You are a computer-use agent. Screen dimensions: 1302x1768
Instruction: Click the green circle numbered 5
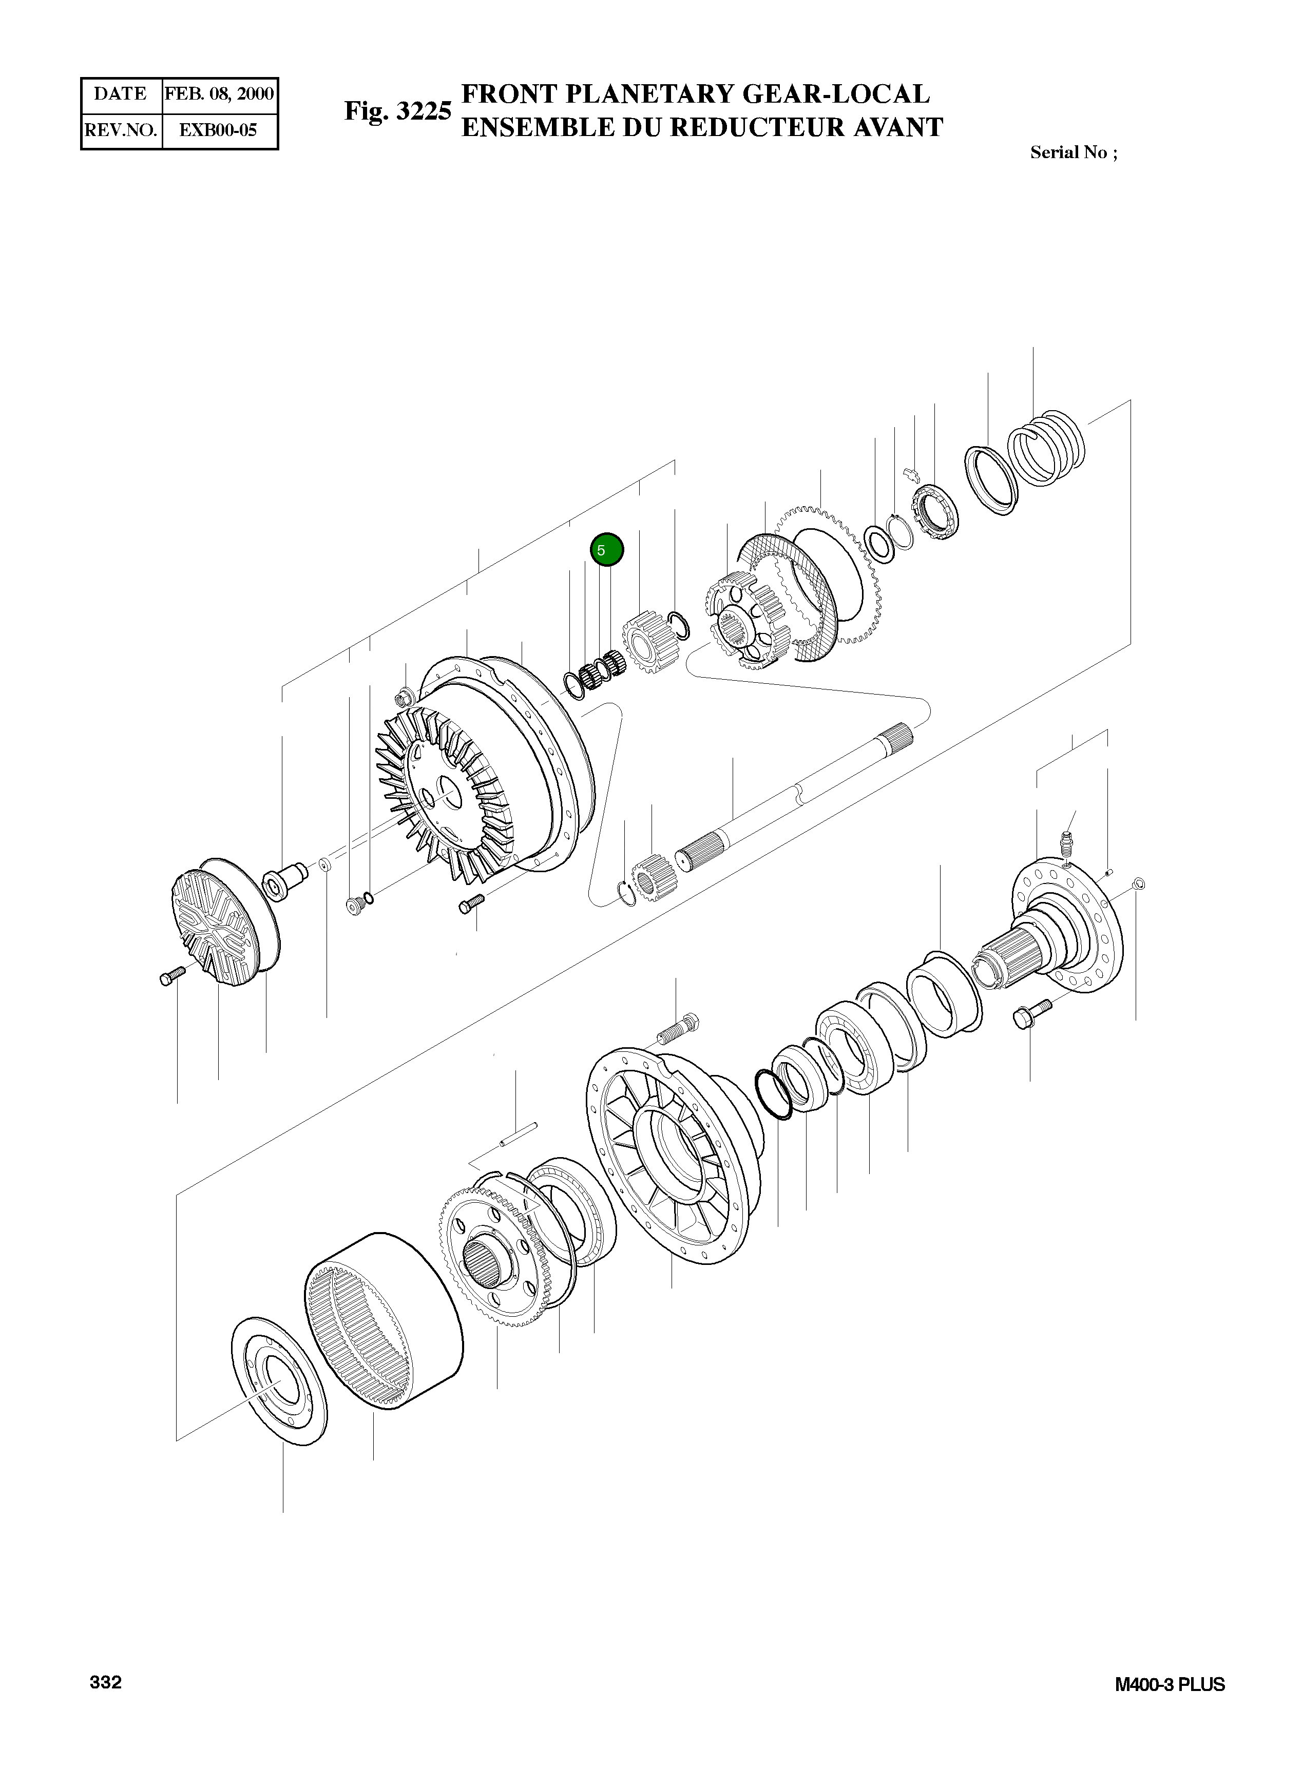pyautogui.click(x=606, y=550)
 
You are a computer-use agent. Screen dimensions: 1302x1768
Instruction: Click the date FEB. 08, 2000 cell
pyautogui.click(x=219, y=94)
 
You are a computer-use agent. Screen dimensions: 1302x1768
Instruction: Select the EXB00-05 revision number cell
pyautogui.click(x=219, y=130)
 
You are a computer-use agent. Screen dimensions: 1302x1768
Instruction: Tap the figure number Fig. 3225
pyautogui.click(x=397, y=111)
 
